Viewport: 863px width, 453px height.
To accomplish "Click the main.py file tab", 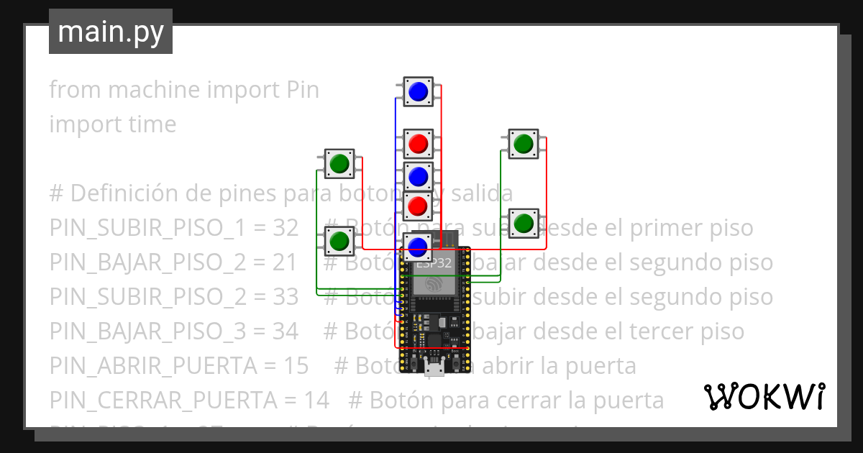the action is tap(111, 32).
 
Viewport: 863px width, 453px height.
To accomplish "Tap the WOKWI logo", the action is tap(764, 396).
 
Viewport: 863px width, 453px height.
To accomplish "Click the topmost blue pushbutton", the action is tap(418, 91).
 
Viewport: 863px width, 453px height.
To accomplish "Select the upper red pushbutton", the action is tap(418, 144).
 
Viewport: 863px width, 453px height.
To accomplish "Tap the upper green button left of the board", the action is tap(339, 164).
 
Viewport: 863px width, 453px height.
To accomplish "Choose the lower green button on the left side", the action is tap(339, 241).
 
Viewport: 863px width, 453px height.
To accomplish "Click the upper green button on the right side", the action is tap(523, 145).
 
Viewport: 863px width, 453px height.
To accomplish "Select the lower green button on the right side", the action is tap(523, 223).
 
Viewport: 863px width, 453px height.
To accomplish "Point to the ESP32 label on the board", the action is tap(434, 263).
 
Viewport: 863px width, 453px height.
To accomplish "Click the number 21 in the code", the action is tap(285, 262).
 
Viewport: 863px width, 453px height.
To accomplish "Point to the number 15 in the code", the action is tap(296, 366).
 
